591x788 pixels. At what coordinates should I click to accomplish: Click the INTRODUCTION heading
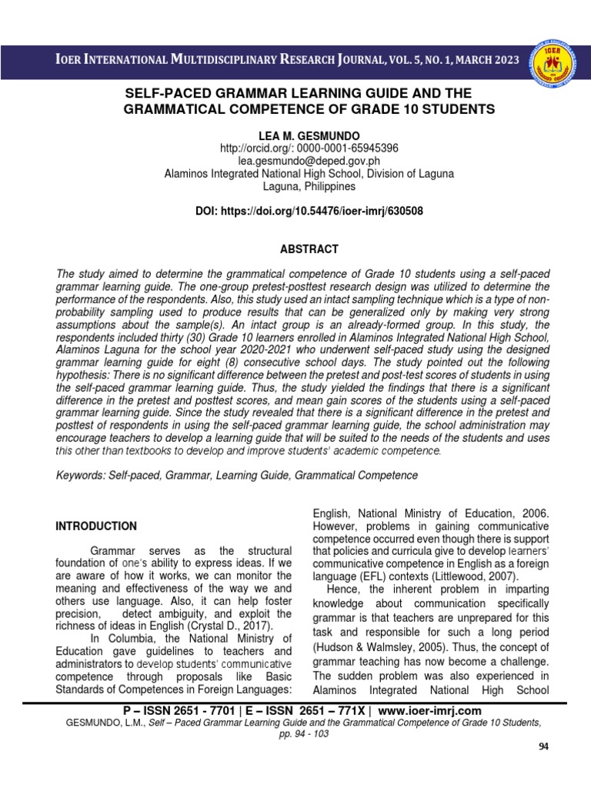[96, 526]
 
